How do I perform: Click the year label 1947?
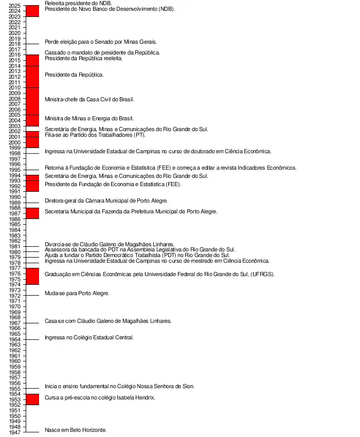[15, 432]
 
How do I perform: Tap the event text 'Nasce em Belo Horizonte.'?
[76, 430]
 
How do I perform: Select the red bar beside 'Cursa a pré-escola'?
[32, 399]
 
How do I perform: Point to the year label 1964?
[15, 339]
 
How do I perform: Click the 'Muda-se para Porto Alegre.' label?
[77, 293]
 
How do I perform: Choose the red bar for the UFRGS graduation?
[32, 276]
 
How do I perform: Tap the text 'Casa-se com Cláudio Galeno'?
[108, 321]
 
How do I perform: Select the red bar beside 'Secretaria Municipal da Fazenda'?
[32, 213]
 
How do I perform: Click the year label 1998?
[15, 153]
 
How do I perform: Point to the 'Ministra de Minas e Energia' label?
[89, 118]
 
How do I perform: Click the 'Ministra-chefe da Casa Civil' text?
[89, 99]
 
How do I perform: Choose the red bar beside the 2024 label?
[32, 11]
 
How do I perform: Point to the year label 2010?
[15, 88]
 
